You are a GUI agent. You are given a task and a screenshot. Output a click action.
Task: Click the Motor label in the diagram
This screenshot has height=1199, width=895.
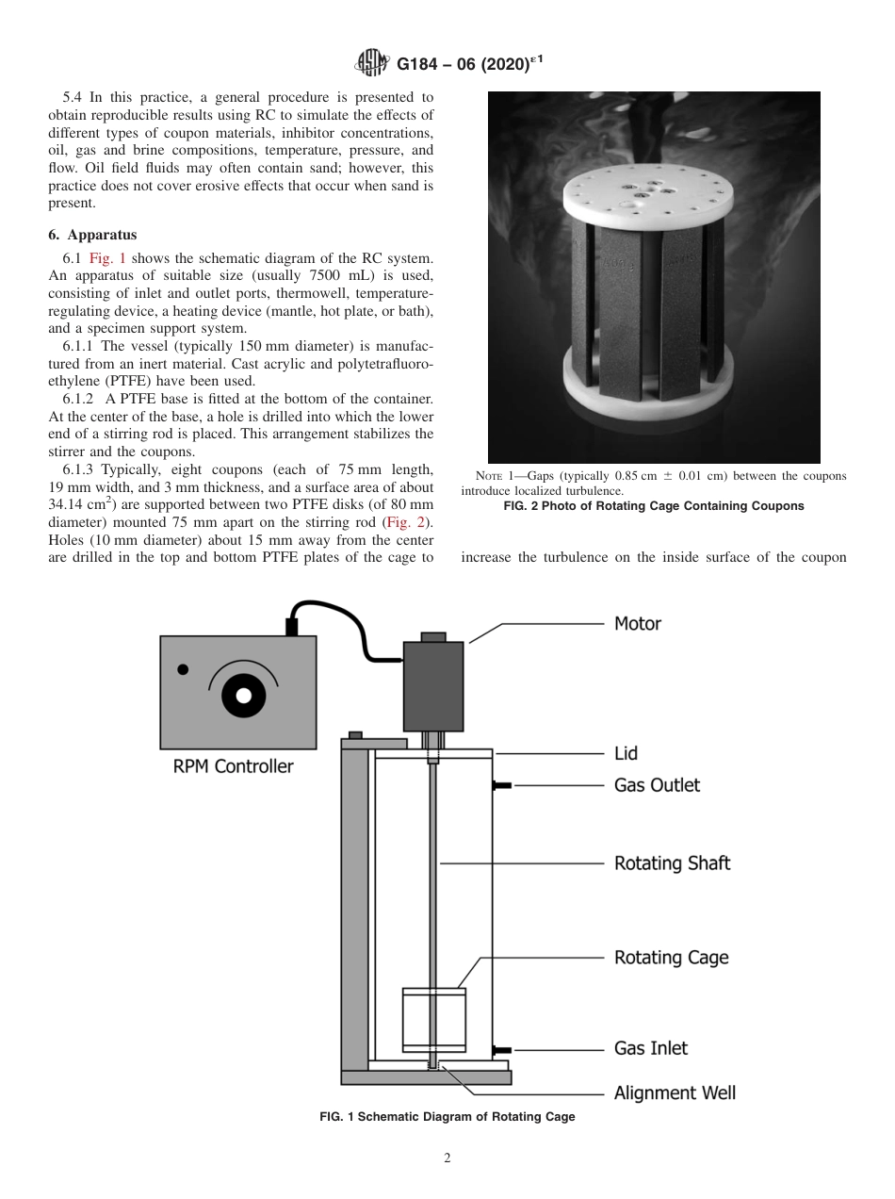click(x=638, y=624)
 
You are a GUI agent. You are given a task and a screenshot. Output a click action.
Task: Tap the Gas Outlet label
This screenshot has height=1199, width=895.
click(x=657, y=785)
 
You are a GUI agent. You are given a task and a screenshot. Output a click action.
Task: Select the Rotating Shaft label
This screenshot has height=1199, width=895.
click(x=672, y=863)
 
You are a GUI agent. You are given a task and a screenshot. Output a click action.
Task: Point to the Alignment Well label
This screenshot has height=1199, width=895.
click(x=675, y=1093)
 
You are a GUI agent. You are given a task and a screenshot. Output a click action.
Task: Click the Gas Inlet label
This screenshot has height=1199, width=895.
click(x=651, y=1048)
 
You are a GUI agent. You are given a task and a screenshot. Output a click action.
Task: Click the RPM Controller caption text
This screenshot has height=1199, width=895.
click(x=233, y=766)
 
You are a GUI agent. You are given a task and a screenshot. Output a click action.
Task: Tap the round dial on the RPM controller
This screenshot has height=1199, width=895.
click(x=243, y=695)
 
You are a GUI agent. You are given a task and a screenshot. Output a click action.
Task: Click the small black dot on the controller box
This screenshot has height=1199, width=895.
click(x=183, y=669)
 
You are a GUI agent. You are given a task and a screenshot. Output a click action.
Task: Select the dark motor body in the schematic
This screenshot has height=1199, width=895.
click(x=433, y=685)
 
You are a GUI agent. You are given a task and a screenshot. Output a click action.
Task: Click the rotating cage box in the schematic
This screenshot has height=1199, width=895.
click(x=433, y=1020)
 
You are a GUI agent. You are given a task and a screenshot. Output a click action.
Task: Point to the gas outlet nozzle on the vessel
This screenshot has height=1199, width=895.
click(x=501, y=785)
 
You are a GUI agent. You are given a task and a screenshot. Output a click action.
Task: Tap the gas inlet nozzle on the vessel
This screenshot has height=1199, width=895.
click(x=501, y=1049)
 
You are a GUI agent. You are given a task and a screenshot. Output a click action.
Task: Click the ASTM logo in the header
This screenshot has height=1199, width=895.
click(x=375, y=64)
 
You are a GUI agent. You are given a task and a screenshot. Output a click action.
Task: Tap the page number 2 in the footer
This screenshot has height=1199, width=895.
click(x=447, y=1158)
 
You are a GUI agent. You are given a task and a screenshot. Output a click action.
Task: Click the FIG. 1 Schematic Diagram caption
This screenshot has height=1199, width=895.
click(x=447, y=1117)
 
